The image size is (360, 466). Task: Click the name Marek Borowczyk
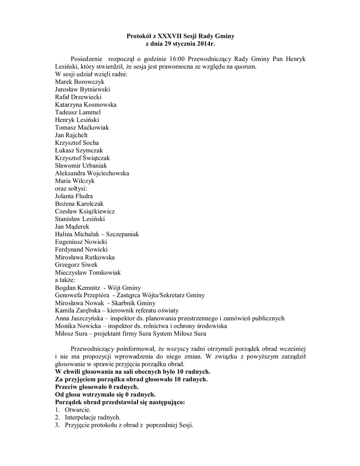point(79,81)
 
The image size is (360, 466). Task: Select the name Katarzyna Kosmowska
point(86,104)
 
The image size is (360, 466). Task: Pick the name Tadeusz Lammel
point(77,112)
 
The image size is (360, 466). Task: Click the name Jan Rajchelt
point(71,135)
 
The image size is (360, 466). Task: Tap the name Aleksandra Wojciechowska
point(91,173)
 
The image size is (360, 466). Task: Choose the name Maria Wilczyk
point(75,181)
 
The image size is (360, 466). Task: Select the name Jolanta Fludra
point(74,196)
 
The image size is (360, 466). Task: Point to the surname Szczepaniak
point(122,234)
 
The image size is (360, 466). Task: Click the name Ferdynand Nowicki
point(81,249)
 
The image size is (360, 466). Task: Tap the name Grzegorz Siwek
point(76,265)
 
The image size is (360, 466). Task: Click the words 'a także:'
point(65,280)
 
